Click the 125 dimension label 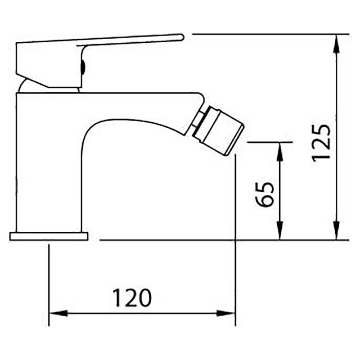point(322,143)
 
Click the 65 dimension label point(265,195)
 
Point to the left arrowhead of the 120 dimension point(59,313)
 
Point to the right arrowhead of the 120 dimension point(226,313)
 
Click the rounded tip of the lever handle point(181,37)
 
